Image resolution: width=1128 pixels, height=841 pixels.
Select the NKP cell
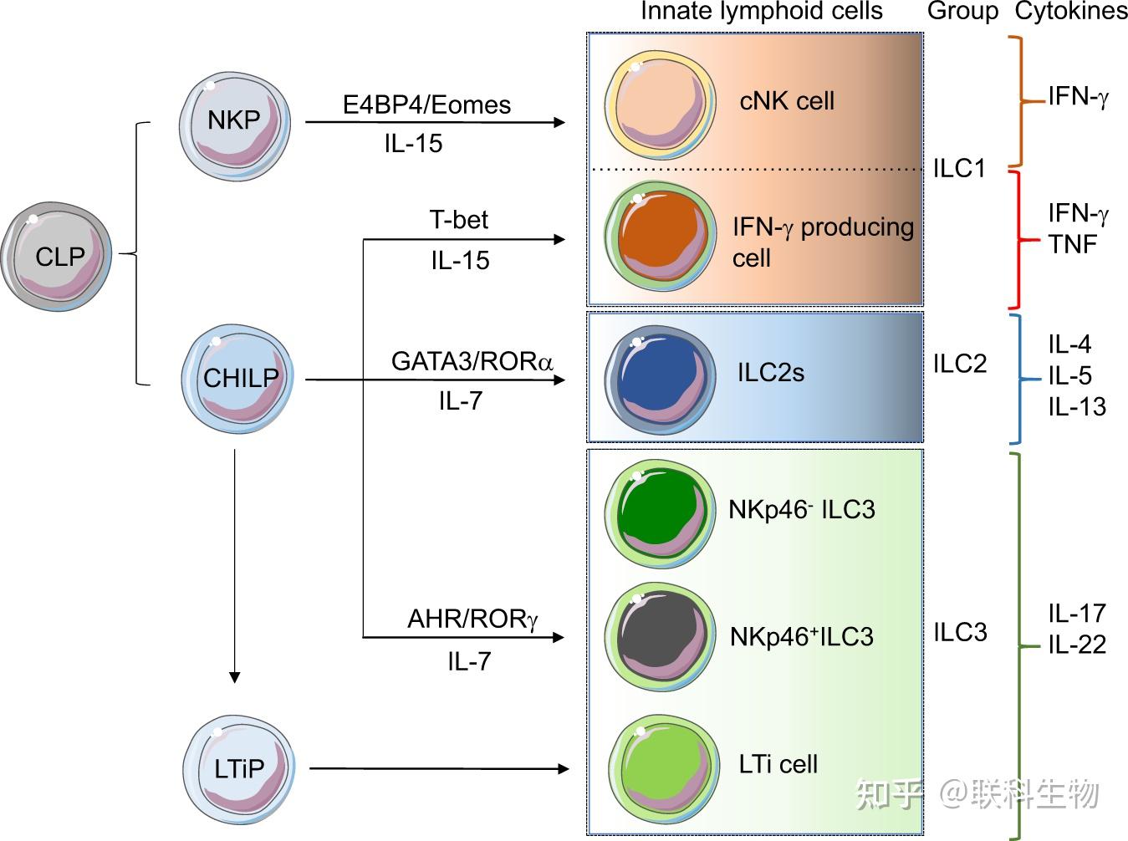coord(235,123)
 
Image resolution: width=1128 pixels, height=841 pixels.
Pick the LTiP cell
coord(239,767)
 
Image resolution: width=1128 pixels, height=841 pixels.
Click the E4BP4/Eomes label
coord(426,105)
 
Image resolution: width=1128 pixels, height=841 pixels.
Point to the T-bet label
coord(458,220)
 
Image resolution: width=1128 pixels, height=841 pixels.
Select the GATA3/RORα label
coord(472,362)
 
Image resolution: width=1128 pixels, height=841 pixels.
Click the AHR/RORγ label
coord(472,619)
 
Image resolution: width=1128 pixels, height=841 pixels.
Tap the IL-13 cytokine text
coord(1077,407)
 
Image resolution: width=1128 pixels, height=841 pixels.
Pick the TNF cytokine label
coord(1072,244)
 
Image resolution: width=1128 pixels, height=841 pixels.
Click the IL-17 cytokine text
coord(1077,614)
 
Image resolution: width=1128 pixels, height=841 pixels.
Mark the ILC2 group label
coord(960,364)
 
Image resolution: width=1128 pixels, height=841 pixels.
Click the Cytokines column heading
coord(1070,11)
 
